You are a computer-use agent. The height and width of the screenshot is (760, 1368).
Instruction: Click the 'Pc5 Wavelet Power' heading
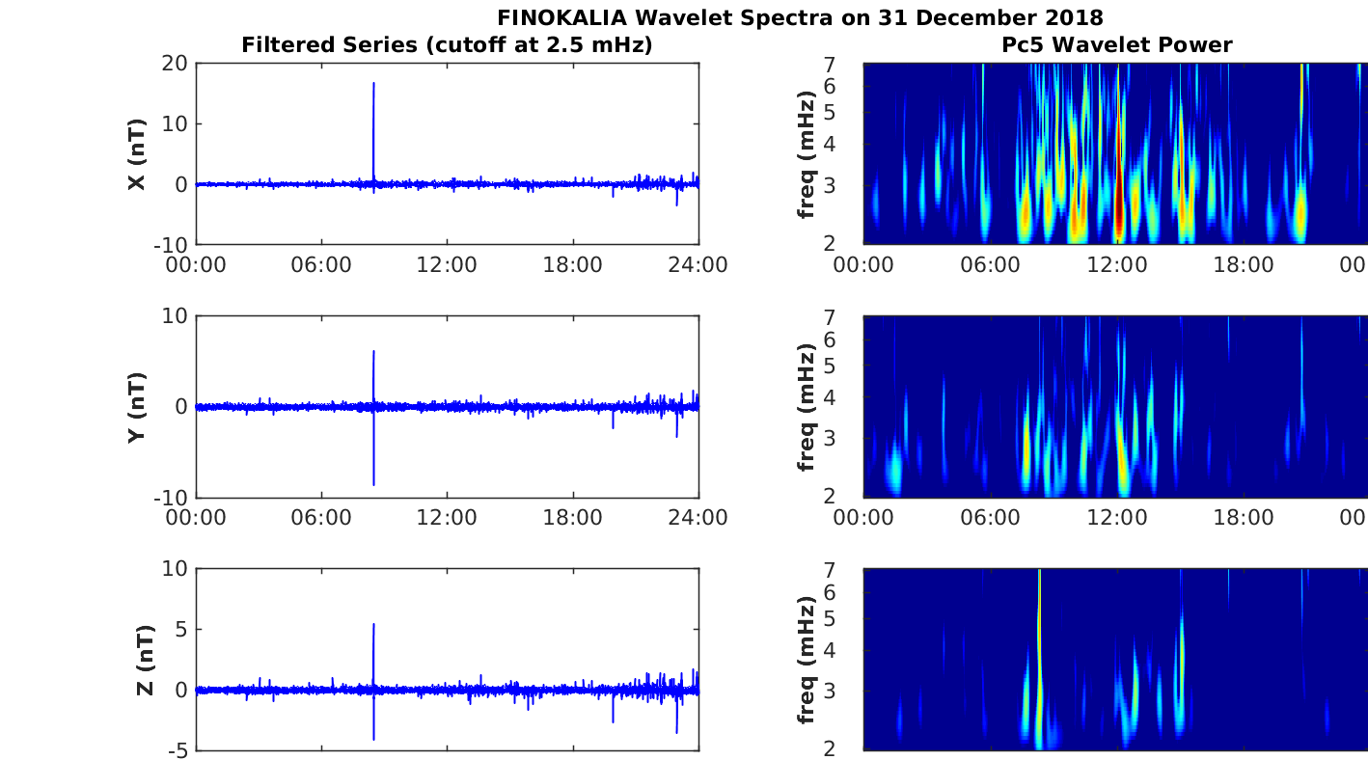[1116, 44]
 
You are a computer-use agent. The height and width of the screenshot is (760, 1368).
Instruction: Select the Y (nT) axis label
[137, 407]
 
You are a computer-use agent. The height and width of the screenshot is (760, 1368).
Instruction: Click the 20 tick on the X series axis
[176, 64]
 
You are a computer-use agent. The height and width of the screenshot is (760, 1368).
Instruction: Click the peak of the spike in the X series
[373, 84]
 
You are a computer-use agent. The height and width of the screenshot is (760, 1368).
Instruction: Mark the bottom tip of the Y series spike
[373, 484]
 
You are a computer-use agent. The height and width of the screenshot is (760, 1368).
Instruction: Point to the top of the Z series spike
[373, 625]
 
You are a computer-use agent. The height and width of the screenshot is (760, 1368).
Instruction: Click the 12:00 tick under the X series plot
[447, 265]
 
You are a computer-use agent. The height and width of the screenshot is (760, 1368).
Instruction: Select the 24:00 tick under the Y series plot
[698, 518]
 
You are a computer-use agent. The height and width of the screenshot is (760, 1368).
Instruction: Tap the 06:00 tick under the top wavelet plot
[990, 265]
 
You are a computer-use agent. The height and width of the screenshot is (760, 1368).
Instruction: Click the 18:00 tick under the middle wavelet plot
[1243, 518]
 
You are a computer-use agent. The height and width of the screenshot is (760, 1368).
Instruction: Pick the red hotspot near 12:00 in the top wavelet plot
[1119, 217]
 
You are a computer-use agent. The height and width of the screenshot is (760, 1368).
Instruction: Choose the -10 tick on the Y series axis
[169, 498]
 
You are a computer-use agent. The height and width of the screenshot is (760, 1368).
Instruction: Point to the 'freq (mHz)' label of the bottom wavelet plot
[807, 660]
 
